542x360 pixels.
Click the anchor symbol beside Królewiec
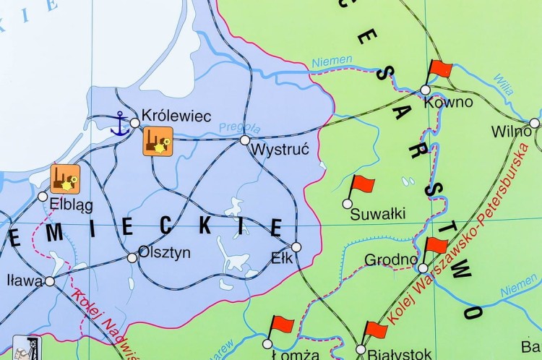click(x=120, y=125)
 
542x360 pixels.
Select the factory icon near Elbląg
click(x=65, y=178)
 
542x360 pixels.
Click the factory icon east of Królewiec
click(x=158, y=140)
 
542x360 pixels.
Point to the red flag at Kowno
click(x=439, y=70)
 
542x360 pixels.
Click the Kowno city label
click(x=448, y=102)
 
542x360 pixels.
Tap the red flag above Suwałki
click(x=361, y=186)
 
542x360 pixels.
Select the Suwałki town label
click(x=377, y=213)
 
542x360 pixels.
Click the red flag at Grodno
click(x=436, y=246)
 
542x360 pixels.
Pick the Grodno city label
click(x=391, y=259)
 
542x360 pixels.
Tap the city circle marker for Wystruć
click(x=245, y=140)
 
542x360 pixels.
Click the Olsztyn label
click(x=165, y=252)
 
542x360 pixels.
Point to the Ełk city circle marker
click(x=296, y=247)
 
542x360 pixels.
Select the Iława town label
click(x=23, y=280)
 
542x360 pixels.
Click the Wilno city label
click(x=511, y=132)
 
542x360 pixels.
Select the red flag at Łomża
click(x=280, y=325)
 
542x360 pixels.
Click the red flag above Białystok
click(x=375, y=330)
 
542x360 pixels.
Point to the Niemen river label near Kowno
click(x=333, y=61)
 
